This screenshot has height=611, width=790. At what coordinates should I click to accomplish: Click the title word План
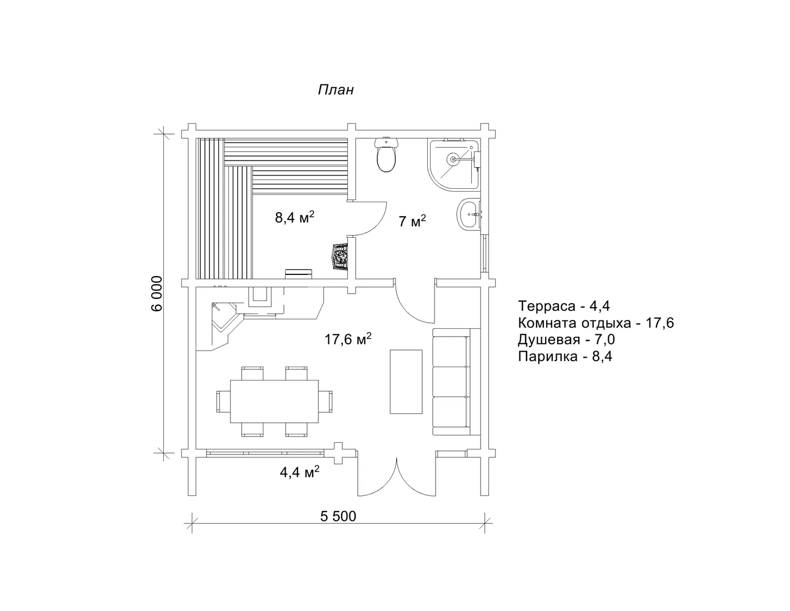336,89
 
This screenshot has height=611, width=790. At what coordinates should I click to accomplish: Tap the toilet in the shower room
387,155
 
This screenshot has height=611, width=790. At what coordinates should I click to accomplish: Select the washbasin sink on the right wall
469,214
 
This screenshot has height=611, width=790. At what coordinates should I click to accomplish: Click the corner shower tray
454,164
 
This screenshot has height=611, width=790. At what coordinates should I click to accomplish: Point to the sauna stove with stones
340,257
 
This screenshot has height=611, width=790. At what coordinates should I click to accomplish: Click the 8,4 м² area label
294,217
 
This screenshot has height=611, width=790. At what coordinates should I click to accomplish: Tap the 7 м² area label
412,221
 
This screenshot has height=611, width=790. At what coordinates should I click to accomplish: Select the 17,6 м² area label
348,339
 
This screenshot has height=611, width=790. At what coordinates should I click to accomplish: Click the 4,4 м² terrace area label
299,472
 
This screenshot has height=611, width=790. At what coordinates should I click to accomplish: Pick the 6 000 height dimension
157,293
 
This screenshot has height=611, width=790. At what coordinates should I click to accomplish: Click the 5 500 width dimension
338,516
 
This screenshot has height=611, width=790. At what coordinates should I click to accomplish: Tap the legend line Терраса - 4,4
564,305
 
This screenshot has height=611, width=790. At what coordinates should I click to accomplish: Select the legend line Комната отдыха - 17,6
596,323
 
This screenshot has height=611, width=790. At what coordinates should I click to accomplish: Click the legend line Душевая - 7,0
567,339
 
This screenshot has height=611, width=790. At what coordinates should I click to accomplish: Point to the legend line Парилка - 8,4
565,356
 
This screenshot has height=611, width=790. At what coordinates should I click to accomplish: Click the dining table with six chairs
274,401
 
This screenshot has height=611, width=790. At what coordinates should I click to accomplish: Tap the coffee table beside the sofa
406,382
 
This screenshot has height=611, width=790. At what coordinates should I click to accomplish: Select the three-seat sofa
456,382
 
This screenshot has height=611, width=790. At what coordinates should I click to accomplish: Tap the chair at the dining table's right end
326,401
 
